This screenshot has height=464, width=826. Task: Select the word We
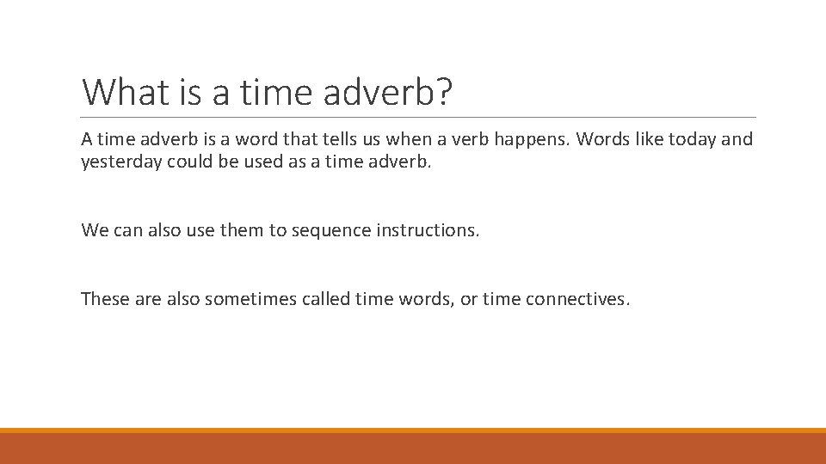[x=94, y=230]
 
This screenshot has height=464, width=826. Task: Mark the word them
[x=243, y=230]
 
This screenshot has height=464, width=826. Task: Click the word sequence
[x=330, y=230]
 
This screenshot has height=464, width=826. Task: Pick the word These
[x=102, y=299]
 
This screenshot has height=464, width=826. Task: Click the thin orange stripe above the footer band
[x=413, y=430]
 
